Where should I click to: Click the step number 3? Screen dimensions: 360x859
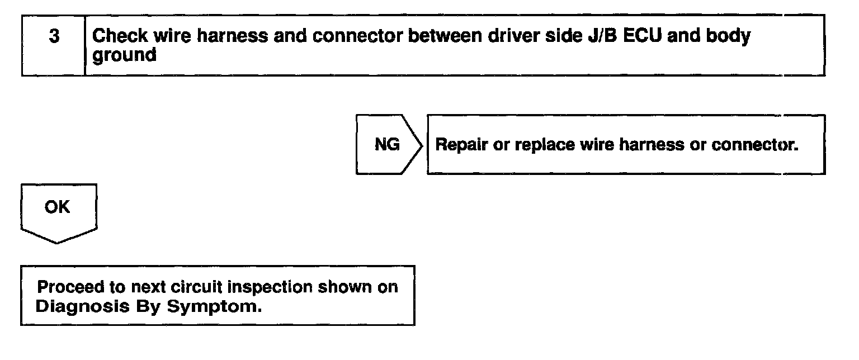(54, 36)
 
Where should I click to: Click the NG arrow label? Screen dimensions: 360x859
(388, 145)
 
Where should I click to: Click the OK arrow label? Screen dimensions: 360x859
(58, 208)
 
